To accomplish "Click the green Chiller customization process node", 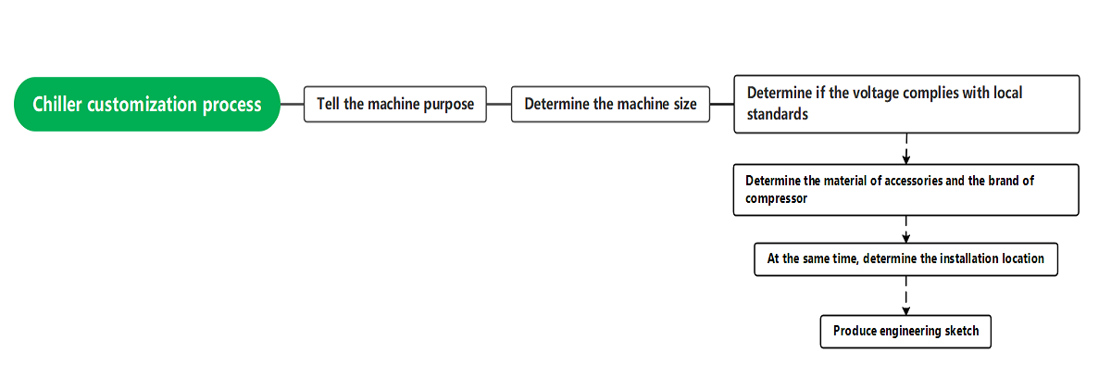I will [x=147, y=104].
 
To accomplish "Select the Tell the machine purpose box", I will [x=395, y=104].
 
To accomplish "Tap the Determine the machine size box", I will [x=610, y=104].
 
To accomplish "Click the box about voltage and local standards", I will [x=906, y=104].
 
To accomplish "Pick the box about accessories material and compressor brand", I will [x=906, y=190].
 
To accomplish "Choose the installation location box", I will [x=905, y=259].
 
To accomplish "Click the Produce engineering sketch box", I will [x=905, y=331].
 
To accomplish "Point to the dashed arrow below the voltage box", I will [x=906, y=148].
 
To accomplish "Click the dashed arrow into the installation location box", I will [x=906, y=231].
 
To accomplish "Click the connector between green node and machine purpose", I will [x=292, y=104].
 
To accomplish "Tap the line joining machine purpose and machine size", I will [x=499, y=104].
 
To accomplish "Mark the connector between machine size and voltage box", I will [x=721, y=104].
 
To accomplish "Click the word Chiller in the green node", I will [x=57, y=104].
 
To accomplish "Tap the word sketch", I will [x=962, y=331].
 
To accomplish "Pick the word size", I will [x=684, y=104].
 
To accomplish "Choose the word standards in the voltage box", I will [x=778, y=115].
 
